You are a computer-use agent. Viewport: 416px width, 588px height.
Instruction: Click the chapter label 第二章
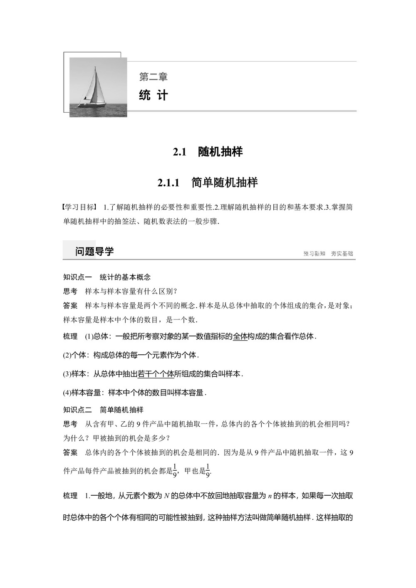[x=153, y=77]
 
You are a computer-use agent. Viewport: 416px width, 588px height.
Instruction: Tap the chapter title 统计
[x=154, y=95]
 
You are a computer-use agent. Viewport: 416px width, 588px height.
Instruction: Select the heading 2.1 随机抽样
[x=208, y=152]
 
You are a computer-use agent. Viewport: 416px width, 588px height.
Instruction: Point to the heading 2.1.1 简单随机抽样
[x=208, y=182]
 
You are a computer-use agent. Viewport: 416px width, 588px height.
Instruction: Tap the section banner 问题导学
[x=94, y=251]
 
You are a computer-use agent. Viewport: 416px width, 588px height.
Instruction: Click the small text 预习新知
[x=314, y=253]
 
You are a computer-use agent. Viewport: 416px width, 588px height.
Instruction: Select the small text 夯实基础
[x=342, y=253]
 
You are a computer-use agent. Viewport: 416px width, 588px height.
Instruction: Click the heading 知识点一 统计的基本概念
[x=107, y=277]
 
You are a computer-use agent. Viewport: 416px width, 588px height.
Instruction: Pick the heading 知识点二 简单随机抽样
[x=103, y=410]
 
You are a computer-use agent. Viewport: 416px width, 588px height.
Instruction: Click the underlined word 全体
[x=240, y=336]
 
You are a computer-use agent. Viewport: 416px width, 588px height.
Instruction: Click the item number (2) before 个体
[x=67, y=355]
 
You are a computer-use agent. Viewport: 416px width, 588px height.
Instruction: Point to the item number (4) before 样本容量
[x=67, y=393]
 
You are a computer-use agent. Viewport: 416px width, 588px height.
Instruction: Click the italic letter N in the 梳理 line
[x=166, y=496]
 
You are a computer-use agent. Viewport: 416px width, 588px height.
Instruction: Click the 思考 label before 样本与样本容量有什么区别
[x=70, y=291]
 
